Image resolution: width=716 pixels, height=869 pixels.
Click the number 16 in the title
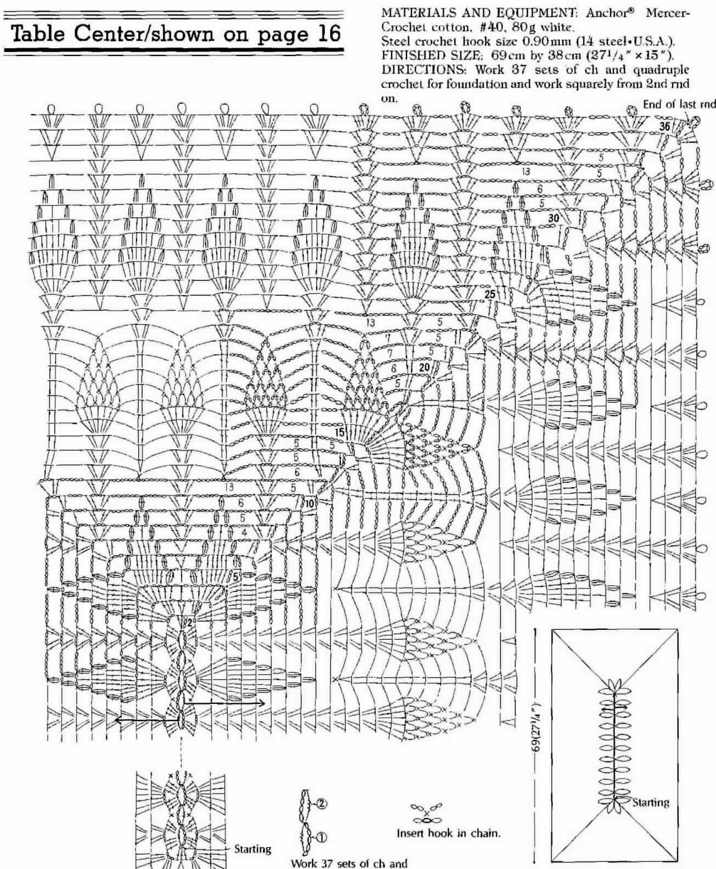325,33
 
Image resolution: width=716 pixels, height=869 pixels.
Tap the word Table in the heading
40,33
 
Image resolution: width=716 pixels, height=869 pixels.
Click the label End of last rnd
679,104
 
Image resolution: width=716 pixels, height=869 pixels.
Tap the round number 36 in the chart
665,126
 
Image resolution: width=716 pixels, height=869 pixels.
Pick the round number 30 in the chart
554,218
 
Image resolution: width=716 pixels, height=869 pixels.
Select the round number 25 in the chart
490,294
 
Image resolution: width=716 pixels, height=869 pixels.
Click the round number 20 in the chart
424,367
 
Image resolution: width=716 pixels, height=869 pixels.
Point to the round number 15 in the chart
340,432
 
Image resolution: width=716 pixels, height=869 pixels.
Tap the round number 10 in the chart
309,504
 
